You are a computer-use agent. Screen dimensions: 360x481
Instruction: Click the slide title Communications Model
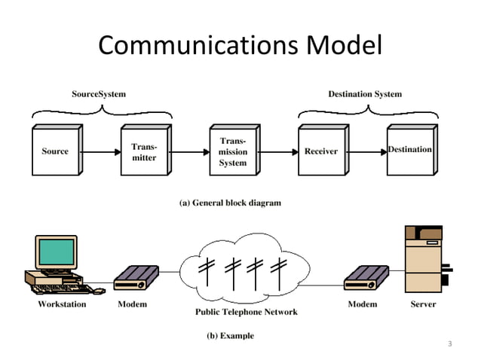tap(240, 46)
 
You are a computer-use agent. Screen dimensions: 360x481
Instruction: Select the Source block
tap(55, 151)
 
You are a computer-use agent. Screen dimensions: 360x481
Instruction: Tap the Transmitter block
tap(143, 151)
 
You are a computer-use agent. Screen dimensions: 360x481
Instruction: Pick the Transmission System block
tap(232, 151)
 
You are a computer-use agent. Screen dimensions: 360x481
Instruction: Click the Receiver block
tap(320, 151)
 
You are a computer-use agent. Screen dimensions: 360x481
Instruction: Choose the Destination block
tap(409, 150)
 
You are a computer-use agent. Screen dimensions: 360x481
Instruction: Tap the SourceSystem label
tap(99, 94)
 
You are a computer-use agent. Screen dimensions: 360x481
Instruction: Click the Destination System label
tap(365, 94)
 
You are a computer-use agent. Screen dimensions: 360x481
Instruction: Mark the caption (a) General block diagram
tap(229, 203)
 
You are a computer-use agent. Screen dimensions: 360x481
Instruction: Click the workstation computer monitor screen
tap(56, 252)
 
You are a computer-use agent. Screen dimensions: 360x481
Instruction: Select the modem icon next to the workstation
tap(136, 278)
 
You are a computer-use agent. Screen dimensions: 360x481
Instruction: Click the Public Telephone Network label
tap(247, 312)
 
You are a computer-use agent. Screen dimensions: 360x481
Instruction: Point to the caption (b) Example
tap(230, 336)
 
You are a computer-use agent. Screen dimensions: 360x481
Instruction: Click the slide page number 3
tap(449, 345)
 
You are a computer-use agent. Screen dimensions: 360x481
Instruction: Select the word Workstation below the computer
tap(62, 304)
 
